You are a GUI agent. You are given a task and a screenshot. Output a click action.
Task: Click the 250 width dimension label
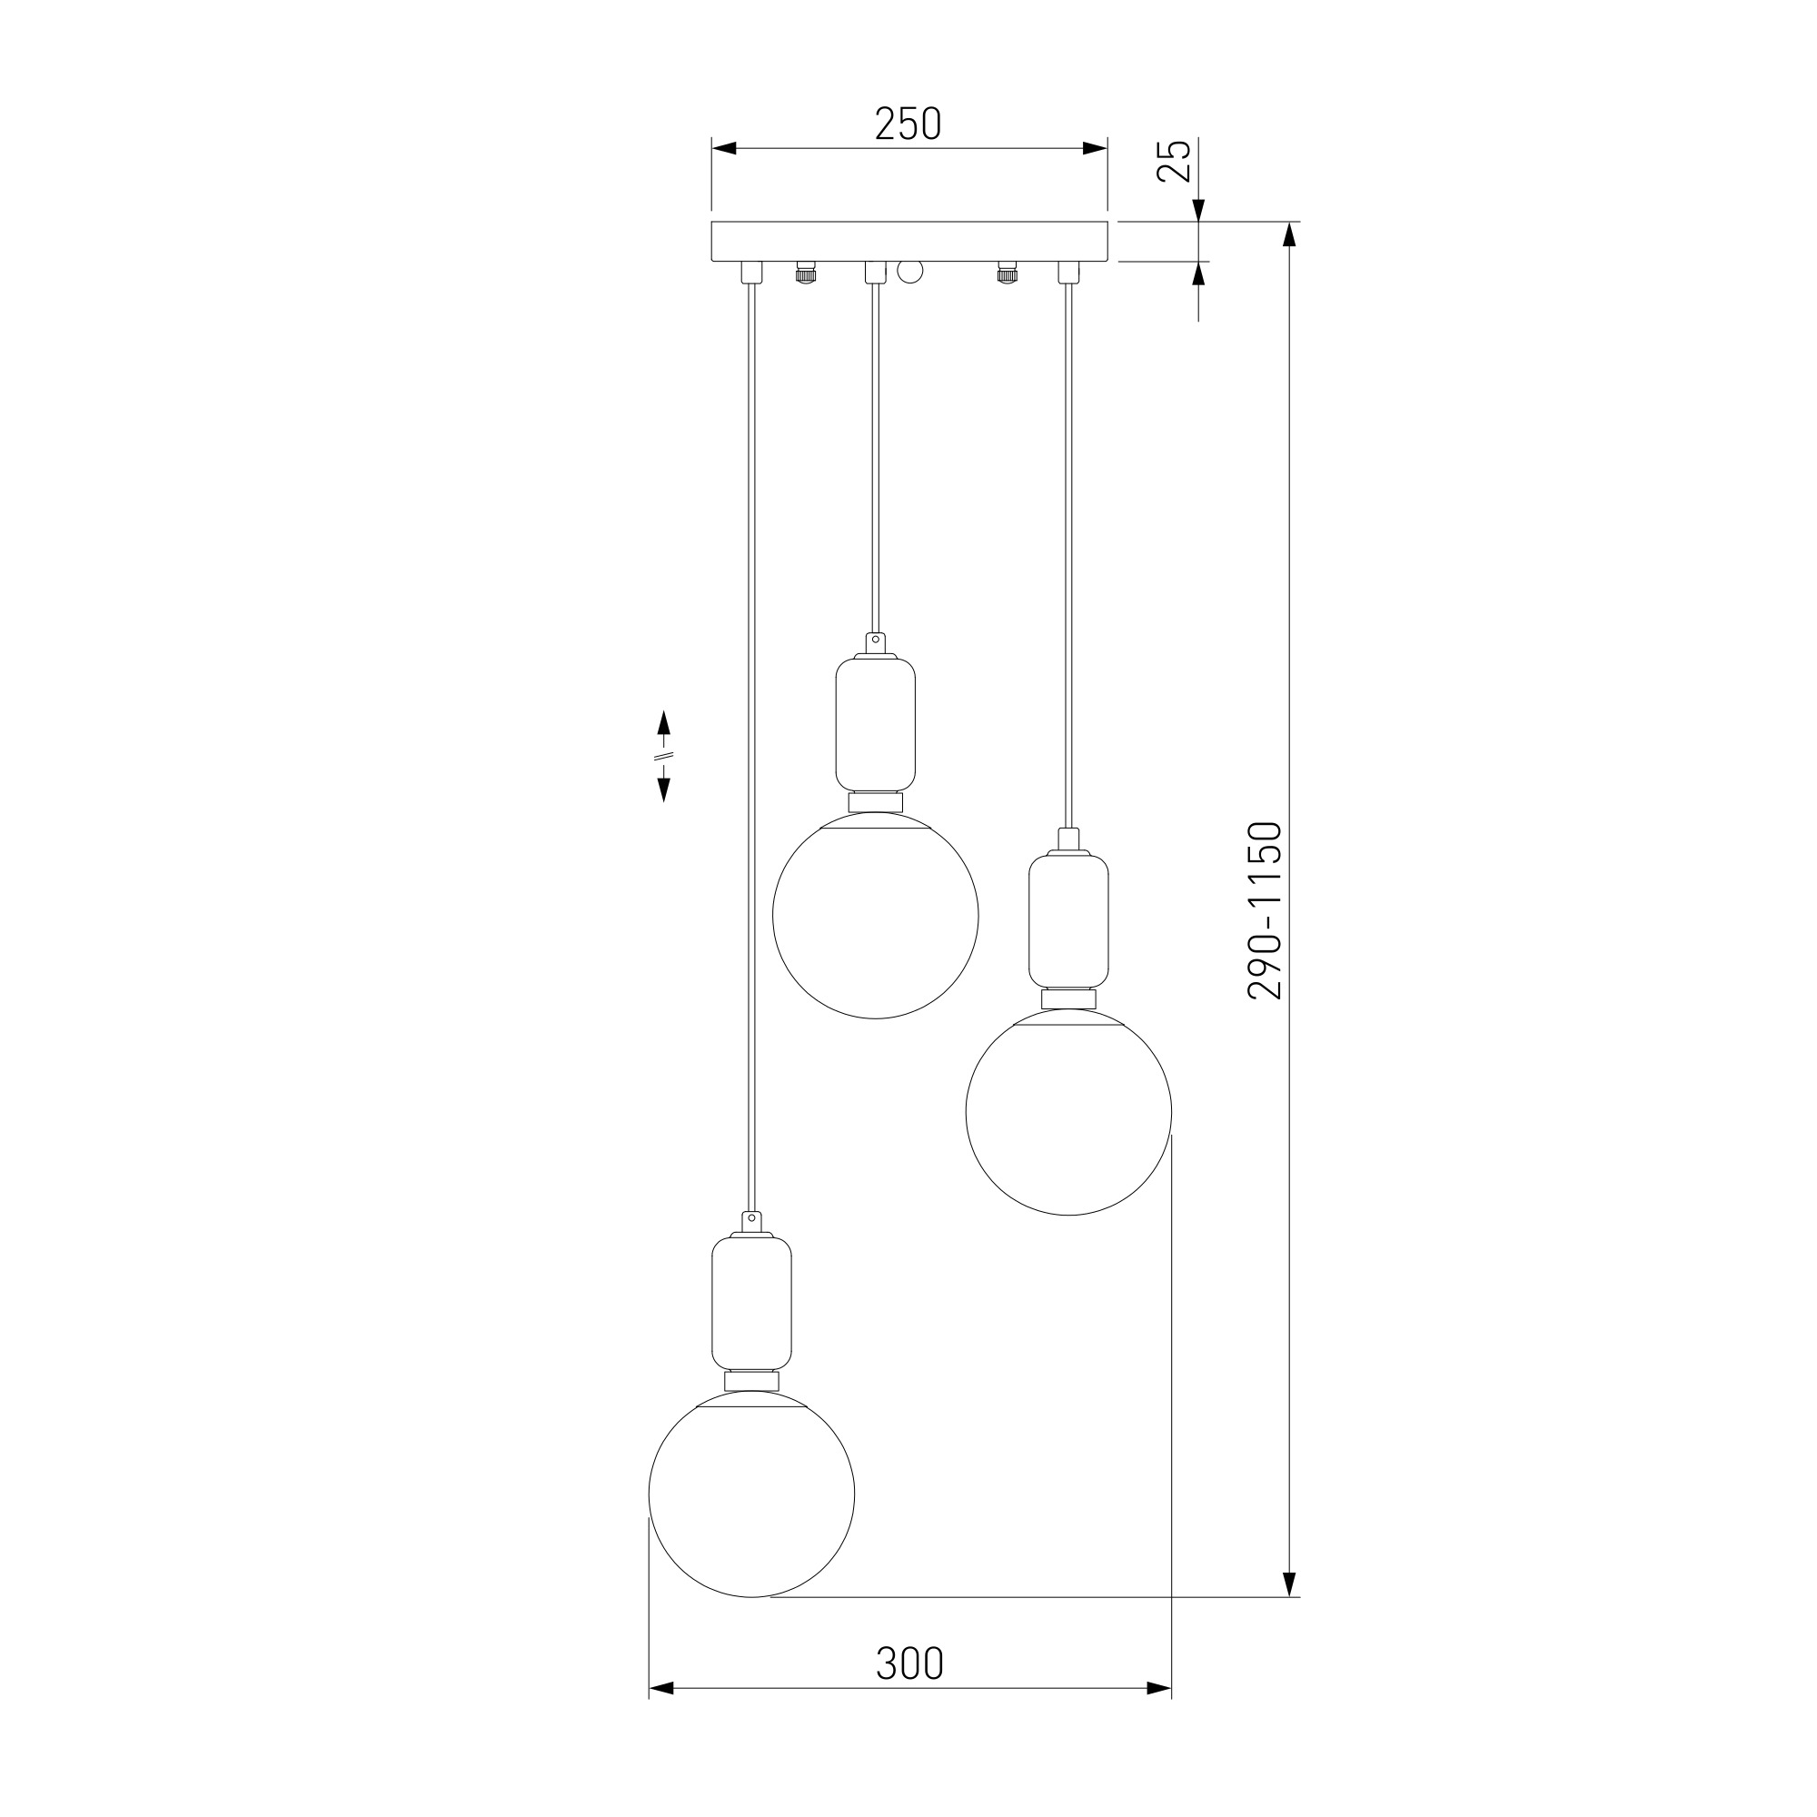click(x=908, y=124)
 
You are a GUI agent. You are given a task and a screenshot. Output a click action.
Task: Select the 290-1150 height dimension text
click(x=1265, y=910)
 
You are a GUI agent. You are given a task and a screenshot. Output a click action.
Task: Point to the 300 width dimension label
click(x=909, y=1663)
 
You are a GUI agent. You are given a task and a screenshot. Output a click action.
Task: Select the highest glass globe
click(x=876, y=915)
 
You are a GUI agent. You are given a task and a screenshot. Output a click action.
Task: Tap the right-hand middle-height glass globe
click(x=1068, y=1112)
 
